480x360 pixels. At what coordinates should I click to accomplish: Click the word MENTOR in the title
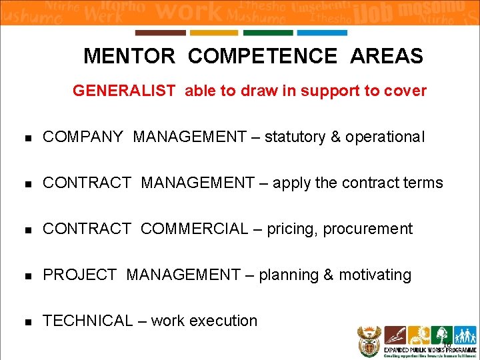coord(129,57)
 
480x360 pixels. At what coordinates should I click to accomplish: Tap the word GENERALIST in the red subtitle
coord(124,91)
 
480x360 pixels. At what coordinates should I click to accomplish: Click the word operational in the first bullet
coord(385,137)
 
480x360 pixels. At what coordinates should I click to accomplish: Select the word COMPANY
coord(83,137)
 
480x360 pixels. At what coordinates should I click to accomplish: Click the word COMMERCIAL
coord(193,229)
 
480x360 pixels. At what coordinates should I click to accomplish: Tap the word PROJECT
coord(79,275)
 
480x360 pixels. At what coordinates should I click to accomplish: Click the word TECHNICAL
coord(87,321)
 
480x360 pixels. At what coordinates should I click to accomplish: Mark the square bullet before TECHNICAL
coord(27,321)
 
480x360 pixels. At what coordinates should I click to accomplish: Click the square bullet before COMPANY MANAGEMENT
coord(27,138)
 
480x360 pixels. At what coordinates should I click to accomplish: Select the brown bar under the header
coord(161,33)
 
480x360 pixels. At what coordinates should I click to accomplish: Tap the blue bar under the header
coord(321,33)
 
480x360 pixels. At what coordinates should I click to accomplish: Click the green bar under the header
coord(268,33)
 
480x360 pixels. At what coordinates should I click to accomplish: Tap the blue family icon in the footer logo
coord(465,335)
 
